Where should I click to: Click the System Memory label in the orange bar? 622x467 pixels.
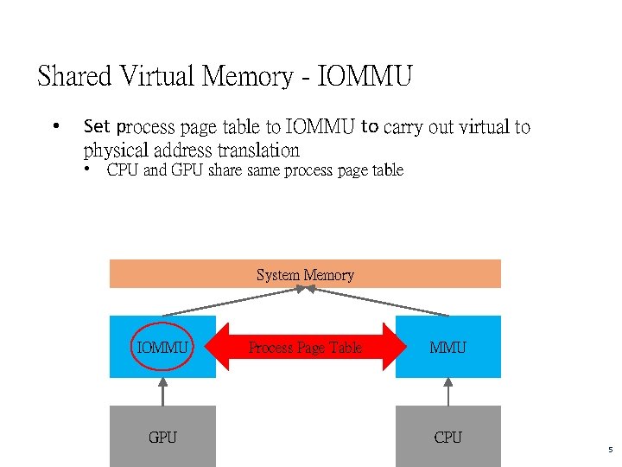(x=305, y=275)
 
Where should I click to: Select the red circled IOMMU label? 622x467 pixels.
(x=162, y=348)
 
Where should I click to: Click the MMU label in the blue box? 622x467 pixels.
(x=447, y=348)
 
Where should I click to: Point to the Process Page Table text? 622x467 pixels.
(x=305, y=348)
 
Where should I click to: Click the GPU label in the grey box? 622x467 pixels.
(x=162, y=438)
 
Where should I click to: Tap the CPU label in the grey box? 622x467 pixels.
(x=447, y=438)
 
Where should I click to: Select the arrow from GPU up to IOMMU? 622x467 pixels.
(x=162, y=392)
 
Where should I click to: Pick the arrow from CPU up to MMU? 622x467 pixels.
(x=447, y=392)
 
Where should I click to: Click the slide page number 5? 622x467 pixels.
(x=610, y=450)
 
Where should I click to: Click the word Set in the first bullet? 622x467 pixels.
(x=97, y=127)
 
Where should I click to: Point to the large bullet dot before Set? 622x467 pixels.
(x=55, y=127)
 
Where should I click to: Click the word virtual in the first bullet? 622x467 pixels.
(x=482, y=127)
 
